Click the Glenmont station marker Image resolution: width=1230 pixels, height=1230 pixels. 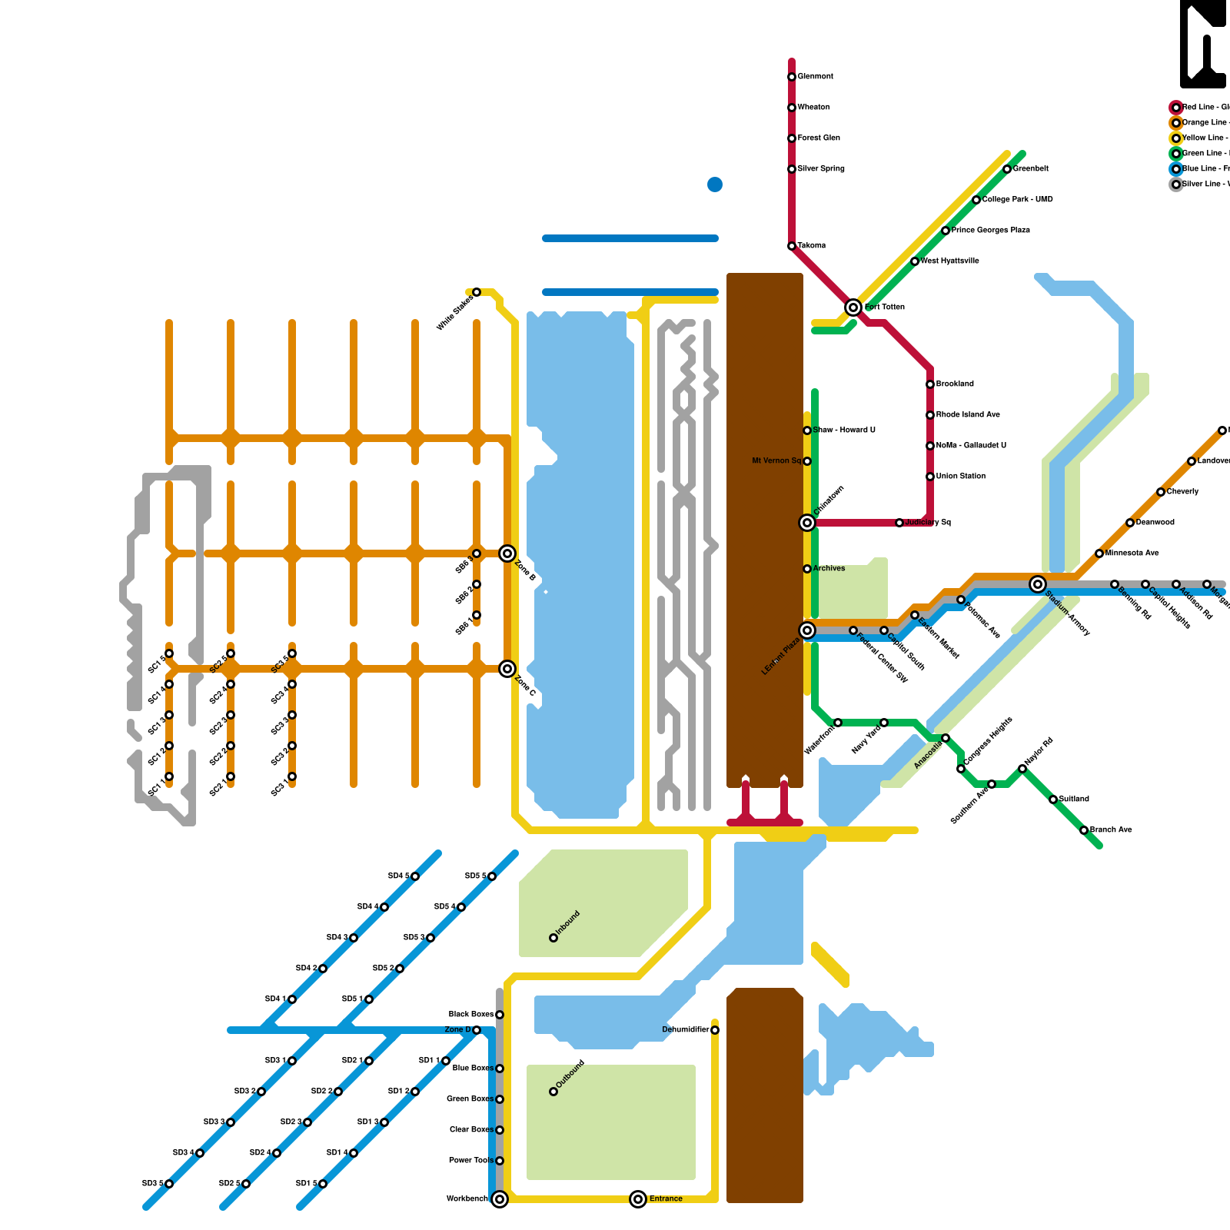tap(792, 77)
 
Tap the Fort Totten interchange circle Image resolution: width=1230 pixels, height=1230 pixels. tap(853, 307)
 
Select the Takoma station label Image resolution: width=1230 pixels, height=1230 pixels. tap(812, 246)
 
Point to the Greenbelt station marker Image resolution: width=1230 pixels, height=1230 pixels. tap(1007, 169)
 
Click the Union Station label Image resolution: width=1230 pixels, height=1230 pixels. tap(961, 477)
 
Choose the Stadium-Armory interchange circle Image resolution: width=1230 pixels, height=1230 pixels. tap(1038, 584)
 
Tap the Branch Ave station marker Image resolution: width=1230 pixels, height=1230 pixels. tap(1084, 830)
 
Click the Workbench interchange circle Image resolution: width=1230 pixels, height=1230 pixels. tap(500, 1199)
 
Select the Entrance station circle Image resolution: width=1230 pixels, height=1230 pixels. tap(638, 1199)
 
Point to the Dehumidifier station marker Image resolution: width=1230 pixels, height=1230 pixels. tap(715, 1030)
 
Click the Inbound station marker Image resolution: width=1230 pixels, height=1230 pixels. tap(553, 938)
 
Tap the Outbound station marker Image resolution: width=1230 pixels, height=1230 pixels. tap(553, 1092)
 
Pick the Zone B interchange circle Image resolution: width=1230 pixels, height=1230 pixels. tap(507, 553)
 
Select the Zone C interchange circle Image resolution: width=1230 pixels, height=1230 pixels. tap(507, 669)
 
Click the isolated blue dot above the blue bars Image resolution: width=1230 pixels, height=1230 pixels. tap(715, 184)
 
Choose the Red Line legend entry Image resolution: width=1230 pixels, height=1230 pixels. tap(1203, 108)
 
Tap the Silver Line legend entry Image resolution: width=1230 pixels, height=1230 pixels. tap(1203, 184)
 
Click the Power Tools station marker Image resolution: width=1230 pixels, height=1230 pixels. tap(500, 1161)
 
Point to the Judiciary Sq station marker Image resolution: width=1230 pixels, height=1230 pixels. tap(899, 523)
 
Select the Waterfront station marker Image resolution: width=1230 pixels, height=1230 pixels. tap(838, 723)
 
